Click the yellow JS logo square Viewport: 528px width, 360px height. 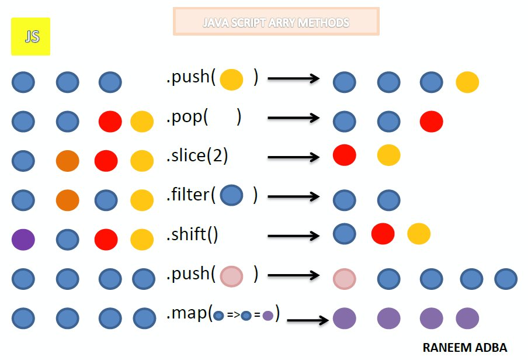[30, 37]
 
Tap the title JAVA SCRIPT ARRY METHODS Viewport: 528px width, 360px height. [276, 23]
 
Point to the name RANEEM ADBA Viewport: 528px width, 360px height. [464, 347]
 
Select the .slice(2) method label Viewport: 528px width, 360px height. [197, 156]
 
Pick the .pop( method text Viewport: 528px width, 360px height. [187, 117]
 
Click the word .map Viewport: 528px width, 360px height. [187, 314]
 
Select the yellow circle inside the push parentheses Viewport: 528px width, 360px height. [231, 79]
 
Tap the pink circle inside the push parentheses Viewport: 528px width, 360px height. [231, 275]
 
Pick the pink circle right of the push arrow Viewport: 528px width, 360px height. [345, 279]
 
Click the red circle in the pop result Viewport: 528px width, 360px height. [431, 122]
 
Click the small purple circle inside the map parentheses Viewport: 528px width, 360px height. [268, 316]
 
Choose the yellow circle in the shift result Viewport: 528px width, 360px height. [419, 234]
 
